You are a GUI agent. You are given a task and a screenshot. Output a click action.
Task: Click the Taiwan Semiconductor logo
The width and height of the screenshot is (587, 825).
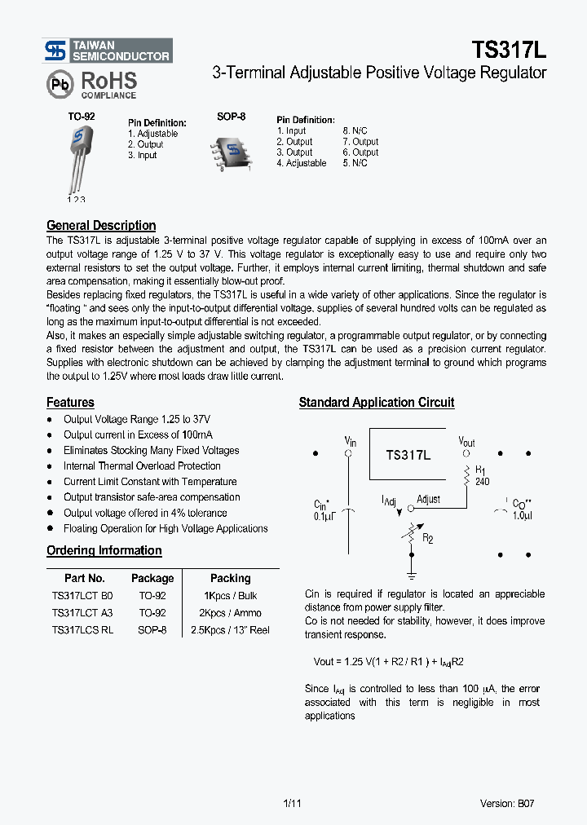108,51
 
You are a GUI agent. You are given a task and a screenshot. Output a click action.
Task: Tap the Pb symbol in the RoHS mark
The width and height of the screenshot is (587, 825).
59,84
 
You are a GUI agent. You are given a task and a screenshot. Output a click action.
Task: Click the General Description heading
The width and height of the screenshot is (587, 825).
101,226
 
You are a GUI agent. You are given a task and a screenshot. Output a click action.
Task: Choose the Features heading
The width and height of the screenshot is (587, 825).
70,403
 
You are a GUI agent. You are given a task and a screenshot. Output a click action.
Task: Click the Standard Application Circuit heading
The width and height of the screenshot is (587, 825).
377,403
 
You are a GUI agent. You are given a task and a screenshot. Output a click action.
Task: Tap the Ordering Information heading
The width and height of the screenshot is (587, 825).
104,551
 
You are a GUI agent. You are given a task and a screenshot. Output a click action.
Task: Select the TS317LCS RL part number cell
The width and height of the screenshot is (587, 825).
82,630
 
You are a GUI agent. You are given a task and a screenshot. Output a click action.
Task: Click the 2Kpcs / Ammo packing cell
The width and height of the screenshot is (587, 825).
231,613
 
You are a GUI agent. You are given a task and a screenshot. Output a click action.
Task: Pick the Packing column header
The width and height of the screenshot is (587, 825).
231,578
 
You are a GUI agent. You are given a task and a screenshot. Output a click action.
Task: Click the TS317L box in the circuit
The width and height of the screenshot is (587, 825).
408,455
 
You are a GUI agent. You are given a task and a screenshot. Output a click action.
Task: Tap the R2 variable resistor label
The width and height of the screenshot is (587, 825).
427,538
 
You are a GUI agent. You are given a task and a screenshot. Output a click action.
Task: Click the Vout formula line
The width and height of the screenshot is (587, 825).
388,661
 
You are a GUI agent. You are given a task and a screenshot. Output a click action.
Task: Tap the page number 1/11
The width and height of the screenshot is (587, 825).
293,803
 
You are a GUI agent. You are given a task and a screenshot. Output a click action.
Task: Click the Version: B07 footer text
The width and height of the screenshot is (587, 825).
507,803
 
